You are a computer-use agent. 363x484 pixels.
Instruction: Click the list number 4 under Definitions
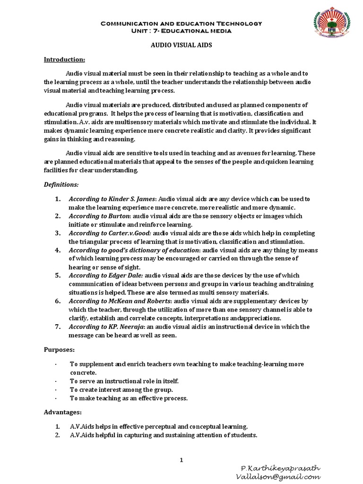tap(58, 250)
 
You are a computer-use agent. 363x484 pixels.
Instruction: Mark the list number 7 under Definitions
tap(58, 327)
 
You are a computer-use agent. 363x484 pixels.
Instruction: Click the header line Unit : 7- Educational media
tap(181, 31)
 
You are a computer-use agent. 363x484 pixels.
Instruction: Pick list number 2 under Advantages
tap(58, 435)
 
